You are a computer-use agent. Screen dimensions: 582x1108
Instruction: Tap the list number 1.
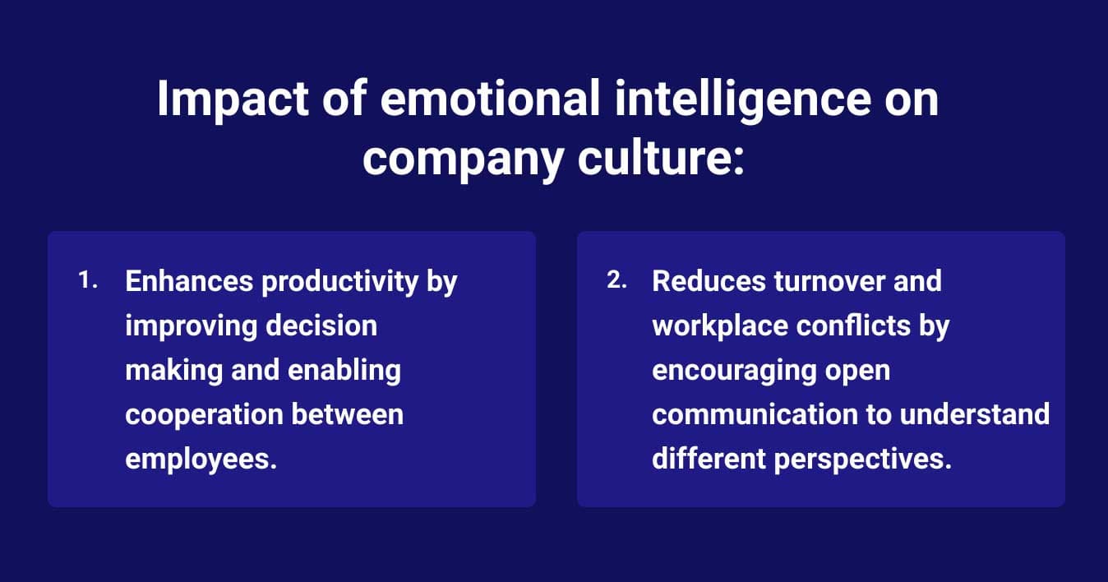point(88,280)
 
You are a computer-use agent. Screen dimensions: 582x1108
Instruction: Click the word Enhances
point(188,281)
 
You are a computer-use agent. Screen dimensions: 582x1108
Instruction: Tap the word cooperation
point(188,414)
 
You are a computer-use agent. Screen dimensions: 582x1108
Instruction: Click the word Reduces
point(708,281)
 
